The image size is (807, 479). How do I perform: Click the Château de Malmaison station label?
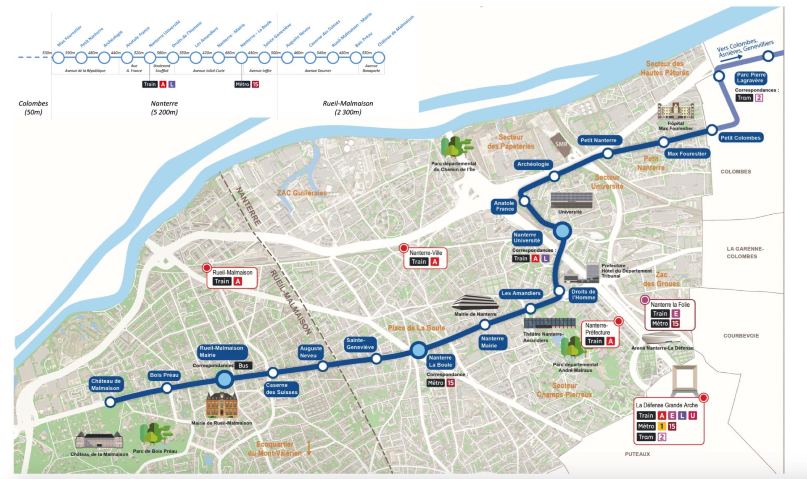pyautogui.click(x=105, y=384)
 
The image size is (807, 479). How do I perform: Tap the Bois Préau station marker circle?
pyautogui.click(x=167, y=388)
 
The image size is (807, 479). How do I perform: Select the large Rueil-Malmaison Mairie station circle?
pyautogui.click(x=224, y=379)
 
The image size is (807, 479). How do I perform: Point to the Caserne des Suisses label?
pyautogui.click(x=281, y=389)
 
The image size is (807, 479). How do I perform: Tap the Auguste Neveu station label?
pyautogui.click(x=311, y=352)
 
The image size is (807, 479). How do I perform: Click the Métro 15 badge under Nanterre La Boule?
pyautogui.click(x=451, y=383)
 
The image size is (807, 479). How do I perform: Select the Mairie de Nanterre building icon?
pyautogui.click(x=475, y=303)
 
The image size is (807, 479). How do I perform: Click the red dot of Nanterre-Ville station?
pyautogui.click(x=403, y=248)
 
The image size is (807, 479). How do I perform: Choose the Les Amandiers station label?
pyautogui.click(x=521, y=293)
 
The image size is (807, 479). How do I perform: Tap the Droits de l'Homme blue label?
pyautogui.click(x=583, y=295)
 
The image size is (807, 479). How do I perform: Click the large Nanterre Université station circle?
pyautogui.click(x=563, y=231)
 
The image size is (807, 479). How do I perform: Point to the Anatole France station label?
pyautogui.click(x=504, y=206)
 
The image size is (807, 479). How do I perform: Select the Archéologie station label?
pyautogui.click(x=533, y=164)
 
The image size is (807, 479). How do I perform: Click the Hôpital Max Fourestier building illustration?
pyautogui.click(x=675, y=111)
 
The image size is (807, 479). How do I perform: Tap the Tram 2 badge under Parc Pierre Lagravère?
pyautogui.click(x=759, y=98)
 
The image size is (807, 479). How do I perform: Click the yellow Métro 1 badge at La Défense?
pyautogui.click(x=661, y=426)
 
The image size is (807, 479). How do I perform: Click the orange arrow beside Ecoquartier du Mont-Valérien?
pyautogui.click(x=309, y=448)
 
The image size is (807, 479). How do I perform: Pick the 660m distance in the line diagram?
pyautogui.click(x=230, y=53)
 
